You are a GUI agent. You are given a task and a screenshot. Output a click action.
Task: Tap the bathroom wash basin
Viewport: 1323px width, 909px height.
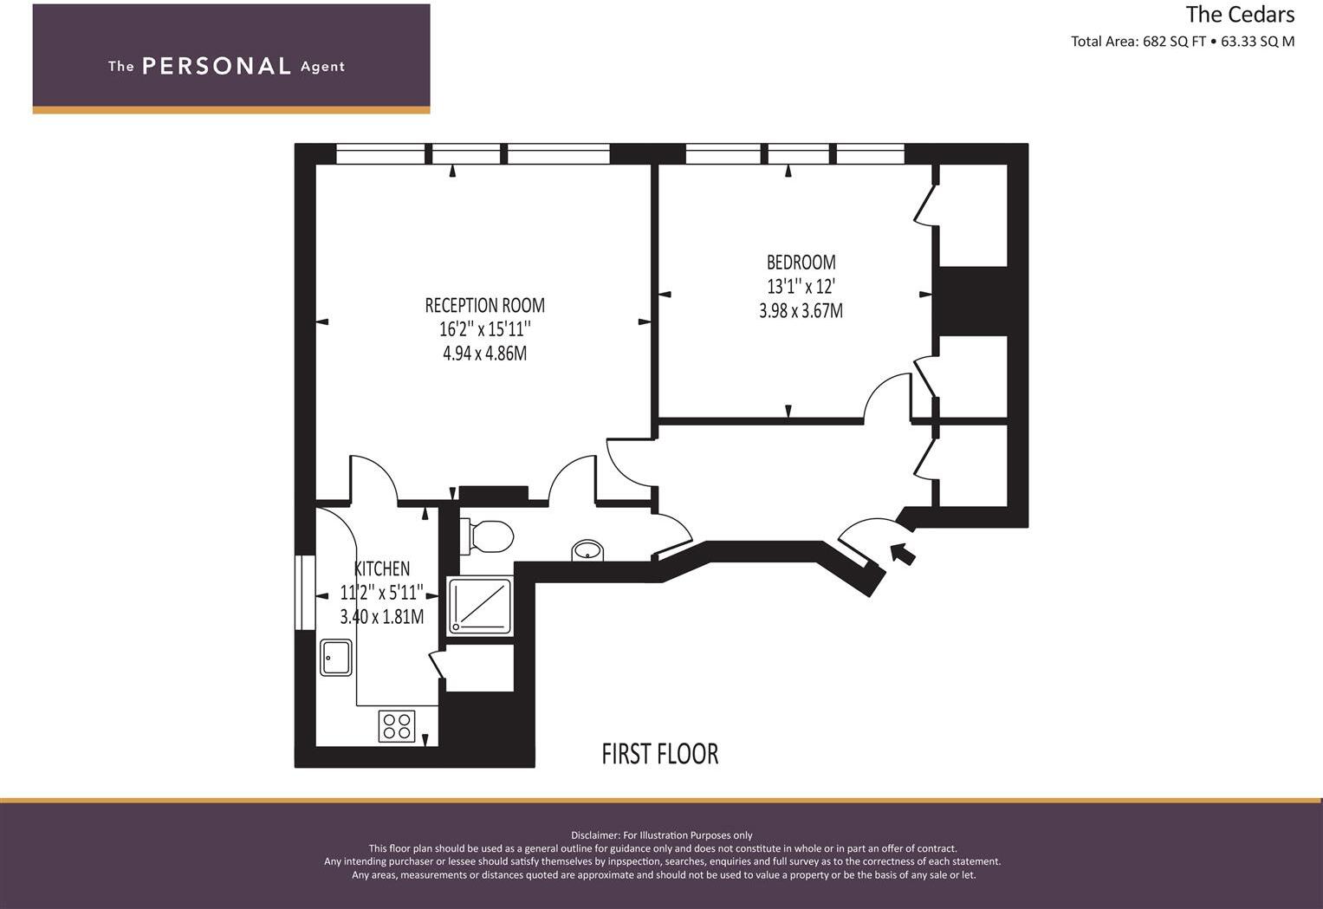pyautogui.click(x=588, y=550)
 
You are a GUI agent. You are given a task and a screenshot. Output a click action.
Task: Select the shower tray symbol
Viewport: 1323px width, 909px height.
pyautogui.click(x=480, y=606)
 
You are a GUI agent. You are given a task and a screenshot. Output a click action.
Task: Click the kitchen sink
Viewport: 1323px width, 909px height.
pyautogui.click(x=335, y=657)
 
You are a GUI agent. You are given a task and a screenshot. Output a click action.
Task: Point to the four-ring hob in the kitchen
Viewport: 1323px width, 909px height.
pyautogui.click(x=397, y=725)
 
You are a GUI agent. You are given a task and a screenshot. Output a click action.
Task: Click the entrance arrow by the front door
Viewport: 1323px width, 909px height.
pyautogui.click(x=902, y=553)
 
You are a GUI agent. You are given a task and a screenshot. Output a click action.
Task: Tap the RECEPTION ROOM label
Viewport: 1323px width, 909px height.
pyautogui.click(x=484, y=306)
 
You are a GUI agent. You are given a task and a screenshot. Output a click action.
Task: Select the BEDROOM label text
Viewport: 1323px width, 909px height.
pyautogui.click(x=801, y=262)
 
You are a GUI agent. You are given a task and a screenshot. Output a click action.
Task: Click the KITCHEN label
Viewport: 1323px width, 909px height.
pyautogui.click(x=382, y=569)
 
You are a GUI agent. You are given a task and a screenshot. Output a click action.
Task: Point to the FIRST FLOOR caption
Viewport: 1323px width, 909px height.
pyautogui.click(x=660, y=754)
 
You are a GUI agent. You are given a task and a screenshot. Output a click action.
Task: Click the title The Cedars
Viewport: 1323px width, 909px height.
pyautogui.click(x=1240, y=15)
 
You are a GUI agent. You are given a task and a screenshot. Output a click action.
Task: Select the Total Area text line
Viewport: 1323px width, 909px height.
pyautogui.click(x=1182, y=42)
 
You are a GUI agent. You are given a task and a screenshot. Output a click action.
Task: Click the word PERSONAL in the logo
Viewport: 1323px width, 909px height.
pyautogui.click(x=217, y=66)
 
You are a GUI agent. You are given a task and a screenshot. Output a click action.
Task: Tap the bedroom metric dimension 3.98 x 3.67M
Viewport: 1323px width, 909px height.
pyautogui.click(x=801, y=310)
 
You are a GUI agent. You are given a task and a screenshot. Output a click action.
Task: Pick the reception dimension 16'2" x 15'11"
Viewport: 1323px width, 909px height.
pyautogui.click(x=484, y=329)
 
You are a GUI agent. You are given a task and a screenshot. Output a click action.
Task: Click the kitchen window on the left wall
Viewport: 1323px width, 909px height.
pyautogui.click(x=304, y=593)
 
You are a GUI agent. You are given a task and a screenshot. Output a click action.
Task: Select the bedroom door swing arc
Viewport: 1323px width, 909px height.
pyautogui.click(x=885, y=394)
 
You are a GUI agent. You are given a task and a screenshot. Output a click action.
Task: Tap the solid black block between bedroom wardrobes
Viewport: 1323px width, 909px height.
pyautogui.click(x=973, y=301)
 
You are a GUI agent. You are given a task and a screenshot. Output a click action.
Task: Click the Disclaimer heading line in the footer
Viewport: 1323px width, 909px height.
pyautogui.click(x=661, y=835)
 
